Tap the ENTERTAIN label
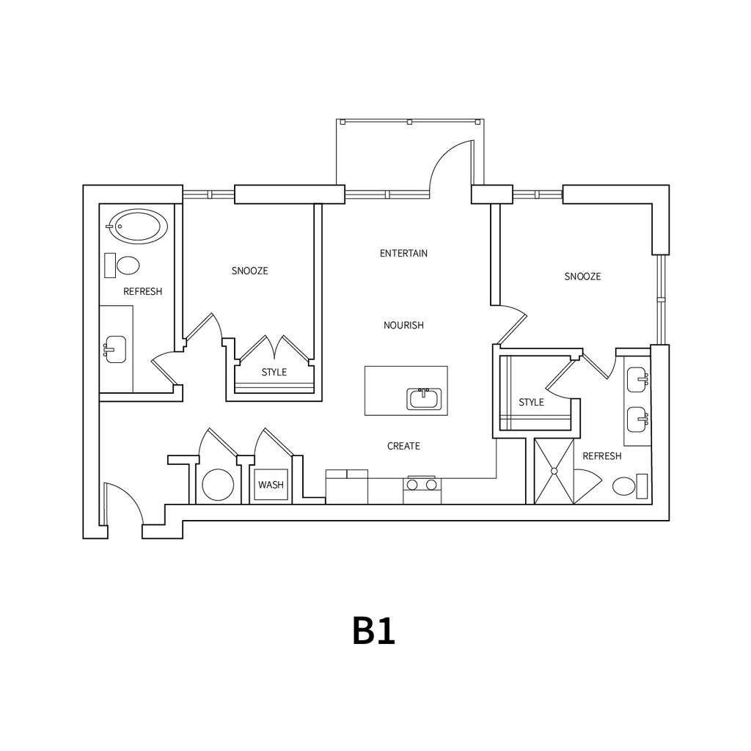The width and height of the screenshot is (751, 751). click(403, 254)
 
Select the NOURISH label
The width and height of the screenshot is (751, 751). click(403, 325)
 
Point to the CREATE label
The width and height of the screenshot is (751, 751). click(403, 446)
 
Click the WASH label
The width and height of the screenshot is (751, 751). click(271, 486)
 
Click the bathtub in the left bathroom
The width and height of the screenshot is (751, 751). click(137, 226)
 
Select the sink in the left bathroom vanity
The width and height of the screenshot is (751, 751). click(116, 349)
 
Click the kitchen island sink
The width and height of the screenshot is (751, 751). click(424, 398)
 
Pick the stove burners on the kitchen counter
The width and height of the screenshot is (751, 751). click(422, 485)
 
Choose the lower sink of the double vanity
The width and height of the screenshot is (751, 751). click(637, 419)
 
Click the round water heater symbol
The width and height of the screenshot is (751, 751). click(218, 485)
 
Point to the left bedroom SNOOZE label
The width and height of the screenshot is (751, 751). click(250, 271)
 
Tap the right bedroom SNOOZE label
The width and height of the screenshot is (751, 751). click(583, 276)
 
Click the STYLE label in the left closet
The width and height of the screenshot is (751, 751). click(274, 373)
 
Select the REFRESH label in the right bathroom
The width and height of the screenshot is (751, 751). click(602, 456)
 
